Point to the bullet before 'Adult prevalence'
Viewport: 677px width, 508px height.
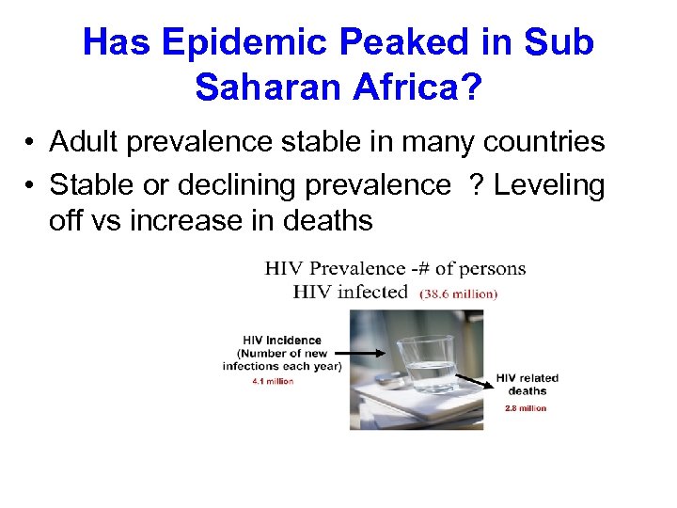[31, 143]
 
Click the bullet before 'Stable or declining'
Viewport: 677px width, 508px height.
[31, 186]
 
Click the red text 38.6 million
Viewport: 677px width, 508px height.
[458, 294]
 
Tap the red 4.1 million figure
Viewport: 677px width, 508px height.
[273, 381]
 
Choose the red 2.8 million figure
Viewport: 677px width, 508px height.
[525, 408]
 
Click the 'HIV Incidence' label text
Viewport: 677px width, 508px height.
[282, 341]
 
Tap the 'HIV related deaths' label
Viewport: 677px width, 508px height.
[527, 384]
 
